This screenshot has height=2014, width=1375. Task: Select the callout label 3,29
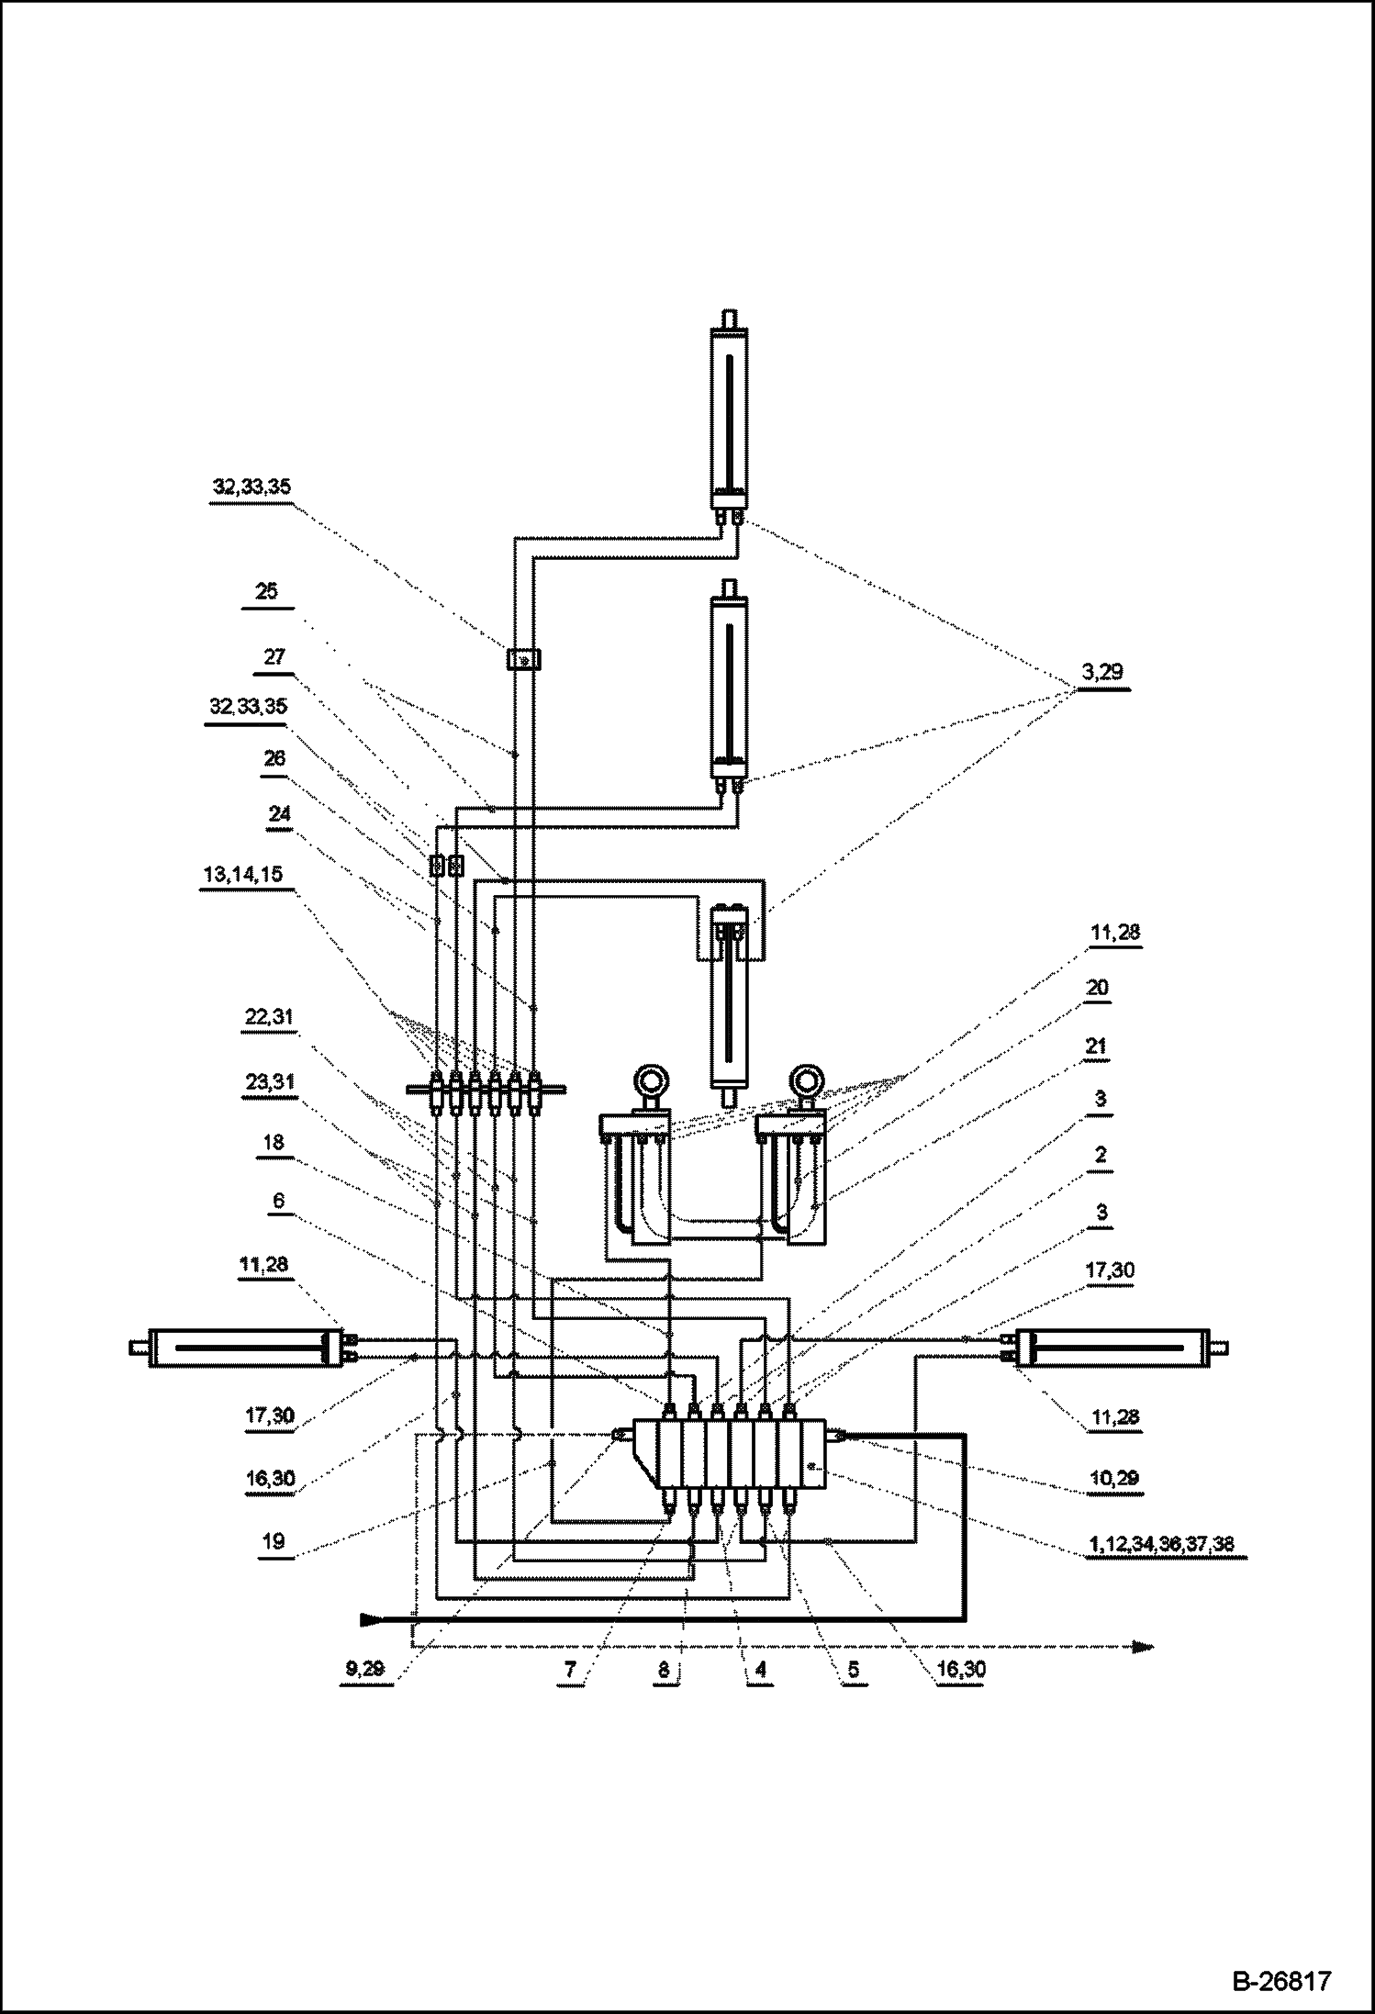point(1102,672)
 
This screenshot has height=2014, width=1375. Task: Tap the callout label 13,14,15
point(243,875)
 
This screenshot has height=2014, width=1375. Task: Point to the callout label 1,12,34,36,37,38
point(1161,1544)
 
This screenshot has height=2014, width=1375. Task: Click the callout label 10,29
point(1114,1479)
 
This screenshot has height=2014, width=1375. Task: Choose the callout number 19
point(274,1541)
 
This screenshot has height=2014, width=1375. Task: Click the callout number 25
point(266,591)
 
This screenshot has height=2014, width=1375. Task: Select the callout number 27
point(274,657)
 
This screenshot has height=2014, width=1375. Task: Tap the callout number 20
point(1097,988)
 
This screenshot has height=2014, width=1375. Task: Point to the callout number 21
point(1097,1046)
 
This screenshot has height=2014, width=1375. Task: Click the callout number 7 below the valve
point(570,1669)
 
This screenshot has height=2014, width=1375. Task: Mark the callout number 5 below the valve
point(853,1669)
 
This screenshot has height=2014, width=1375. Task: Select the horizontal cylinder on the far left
point(244,1348)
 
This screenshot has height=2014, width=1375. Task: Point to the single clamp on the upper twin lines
point(523,659)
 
